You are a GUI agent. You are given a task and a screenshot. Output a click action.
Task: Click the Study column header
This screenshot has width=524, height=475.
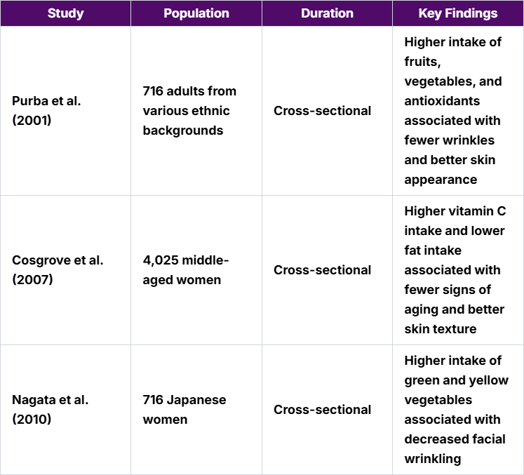coord(65,13)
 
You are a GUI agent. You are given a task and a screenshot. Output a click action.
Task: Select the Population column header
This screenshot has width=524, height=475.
coord(196,13)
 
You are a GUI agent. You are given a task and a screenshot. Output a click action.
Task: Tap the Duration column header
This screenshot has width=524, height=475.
coord(327,13)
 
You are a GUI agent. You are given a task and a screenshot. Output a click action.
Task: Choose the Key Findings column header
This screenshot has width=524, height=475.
coord(457,13)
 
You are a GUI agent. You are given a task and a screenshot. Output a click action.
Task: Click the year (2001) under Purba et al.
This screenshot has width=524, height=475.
coord(32,121)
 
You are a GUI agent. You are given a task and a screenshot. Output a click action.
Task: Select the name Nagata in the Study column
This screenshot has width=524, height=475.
coord(33,400)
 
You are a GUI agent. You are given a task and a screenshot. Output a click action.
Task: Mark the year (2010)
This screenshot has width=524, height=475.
coord(32,420)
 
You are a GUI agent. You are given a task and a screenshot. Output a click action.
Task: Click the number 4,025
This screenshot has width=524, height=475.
coord(161,260)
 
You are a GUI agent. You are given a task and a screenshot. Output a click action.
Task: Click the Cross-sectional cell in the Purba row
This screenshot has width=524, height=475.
coord(323,111)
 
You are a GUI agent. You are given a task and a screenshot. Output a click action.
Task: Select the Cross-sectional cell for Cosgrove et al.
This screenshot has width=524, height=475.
coord(323,270)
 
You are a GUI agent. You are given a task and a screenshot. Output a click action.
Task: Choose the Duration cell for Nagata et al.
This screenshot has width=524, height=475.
coord(323,410)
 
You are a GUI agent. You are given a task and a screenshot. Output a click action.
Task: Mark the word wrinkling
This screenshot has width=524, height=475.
coord(432,459)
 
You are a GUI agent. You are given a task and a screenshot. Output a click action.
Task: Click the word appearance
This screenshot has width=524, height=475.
coord(440,180)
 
